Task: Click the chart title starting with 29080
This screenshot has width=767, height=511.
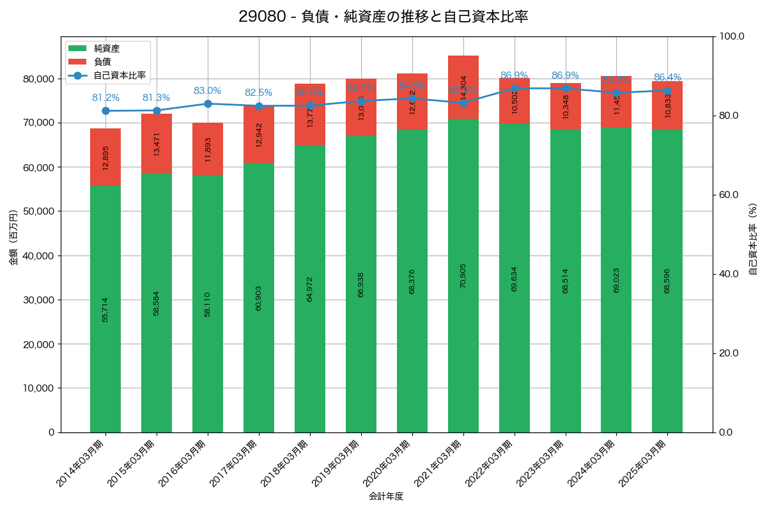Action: point(383,17)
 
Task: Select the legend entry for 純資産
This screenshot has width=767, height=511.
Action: point(106,49)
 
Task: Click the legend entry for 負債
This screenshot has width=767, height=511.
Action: point(102,62)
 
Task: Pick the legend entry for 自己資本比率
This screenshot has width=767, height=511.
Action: point(119,75)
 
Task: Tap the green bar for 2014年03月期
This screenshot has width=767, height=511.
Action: point(105,309)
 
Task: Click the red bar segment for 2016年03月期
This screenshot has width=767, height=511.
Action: point(208,148)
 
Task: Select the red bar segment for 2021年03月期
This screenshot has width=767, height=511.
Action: point(463,87)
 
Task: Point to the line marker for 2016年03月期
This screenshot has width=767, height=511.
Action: point(208,103)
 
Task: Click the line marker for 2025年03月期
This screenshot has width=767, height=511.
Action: point(667,91)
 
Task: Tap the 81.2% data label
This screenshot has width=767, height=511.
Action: point(105,98)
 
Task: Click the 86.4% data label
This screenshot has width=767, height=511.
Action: point(667,77)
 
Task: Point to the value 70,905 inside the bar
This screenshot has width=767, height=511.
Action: point(463,275)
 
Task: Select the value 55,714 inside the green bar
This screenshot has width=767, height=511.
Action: point(105,309)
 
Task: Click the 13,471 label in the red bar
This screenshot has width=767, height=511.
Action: point(157,144)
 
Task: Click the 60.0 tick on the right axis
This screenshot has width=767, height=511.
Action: point(731,195)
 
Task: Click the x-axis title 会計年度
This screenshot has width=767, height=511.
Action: point(386,496)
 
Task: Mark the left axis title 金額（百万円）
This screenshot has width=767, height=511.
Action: point(13,237)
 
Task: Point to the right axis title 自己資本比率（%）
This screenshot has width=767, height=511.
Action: point(752,239)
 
